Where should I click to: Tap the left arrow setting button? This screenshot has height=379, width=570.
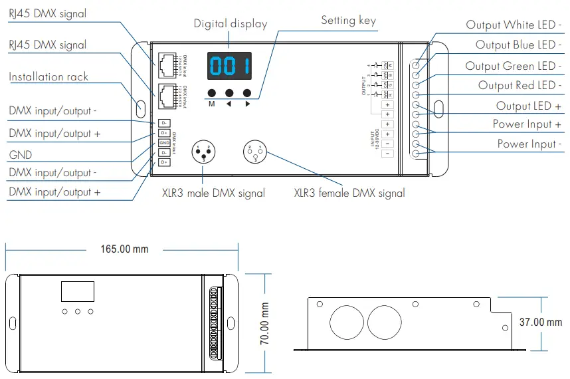tap(230, 94)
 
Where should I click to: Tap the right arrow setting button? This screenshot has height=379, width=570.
tap(248, 94)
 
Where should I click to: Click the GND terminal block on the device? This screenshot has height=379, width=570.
tap(163, 143)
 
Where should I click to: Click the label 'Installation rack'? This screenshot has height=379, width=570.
tap(48, 77)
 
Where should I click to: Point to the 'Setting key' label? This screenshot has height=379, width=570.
tap(348, 21)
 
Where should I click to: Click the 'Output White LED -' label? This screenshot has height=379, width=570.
tap(514, 25)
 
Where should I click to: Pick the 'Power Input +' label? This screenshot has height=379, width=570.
tap(527, 124)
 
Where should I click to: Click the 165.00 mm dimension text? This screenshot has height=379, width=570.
tap(124, 249)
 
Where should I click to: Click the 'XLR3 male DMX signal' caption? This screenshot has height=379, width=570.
tap(213, 193)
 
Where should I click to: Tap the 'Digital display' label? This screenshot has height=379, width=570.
tap(231, 24)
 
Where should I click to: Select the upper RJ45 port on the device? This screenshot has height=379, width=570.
tap(166, 62)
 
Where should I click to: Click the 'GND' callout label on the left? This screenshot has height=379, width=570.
tap(20, 156)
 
